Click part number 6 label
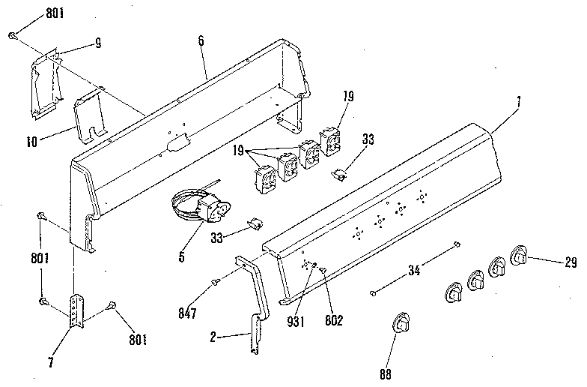[201, 40]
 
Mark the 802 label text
[333, 320]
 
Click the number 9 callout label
[97, 43]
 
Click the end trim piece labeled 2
[254, 300]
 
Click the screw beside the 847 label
[216, 283]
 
